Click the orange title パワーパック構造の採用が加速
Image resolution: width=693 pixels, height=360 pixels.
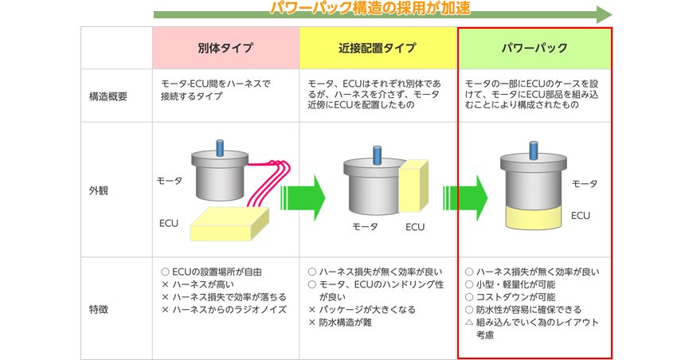[370, 8]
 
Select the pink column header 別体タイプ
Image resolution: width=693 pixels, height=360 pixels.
[225, 48]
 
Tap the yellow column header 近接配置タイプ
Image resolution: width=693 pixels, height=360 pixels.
[378, 48]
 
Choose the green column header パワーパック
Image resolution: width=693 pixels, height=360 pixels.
[534, 48]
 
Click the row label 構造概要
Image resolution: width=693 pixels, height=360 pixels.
[108, 96]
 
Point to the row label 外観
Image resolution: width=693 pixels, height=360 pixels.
[99, 190]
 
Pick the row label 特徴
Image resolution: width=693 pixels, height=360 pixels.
[99, 309]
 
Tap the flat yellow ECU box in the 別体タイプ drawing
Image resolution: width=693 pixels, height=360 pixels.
[229, 224]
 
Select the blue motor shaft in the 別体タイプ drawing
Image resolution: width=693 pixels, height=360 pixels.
[220, 147]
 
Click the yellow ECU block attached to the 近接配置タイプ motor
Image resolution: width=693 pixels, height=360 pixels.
[413, 186]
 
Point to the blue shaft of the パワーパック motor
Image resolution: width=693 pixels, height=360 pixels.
[534, 151]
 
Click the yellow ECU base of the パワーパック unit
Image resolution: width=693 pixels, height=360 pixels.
[534, 217]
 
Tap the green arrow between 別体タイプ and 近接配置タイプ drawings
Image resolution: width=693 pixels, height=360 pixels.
[303, 198]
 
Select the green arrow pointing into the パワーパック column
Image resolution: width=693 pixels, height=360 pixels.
[465, 198]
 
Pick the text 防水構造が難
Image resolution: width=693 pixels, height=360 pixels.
[345, 323]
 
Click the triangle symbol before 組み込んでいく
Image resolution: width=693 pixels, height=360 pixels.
[469, 322]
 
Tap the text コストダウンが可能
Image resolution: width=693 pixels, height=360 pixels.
[515, 297]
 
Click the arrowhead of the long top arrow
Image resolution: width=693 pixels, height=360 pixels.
[604, 14]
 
